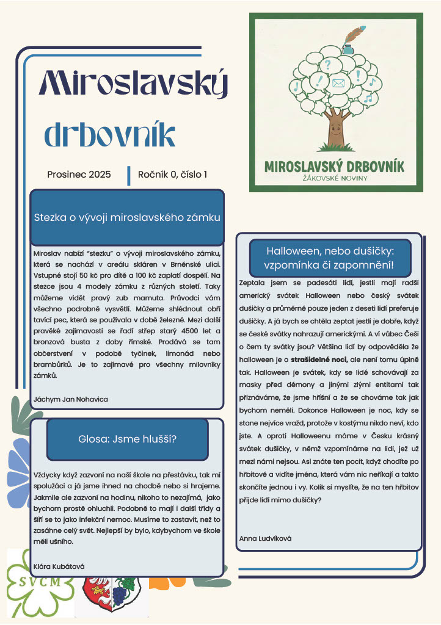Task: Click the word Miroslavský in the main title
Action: pos(133,84)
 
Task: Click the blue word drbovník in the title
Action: pos(110,135)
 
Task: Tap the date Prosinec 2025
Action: pos(79,175)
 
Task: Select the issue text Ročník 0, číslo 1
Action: pos(172,175)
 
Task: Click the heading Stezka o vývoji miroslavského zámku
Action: pos(127,217)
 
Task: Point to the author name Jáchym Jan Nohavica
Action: pos(70,399)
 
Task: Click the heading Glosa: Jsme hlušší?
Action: pos(127,439)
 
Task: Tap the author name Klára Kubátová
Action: pos(59,566)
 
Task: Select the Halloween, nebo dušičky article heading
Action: pos(330,258)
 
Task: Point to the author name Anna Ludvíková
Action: pos(266,538)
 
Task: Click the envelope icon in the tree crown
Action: pos(338,83)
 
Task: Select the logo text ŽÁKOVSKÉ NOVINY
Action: pos(335,178)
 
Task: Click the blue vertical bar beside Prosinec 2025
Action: pos(129,175)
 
